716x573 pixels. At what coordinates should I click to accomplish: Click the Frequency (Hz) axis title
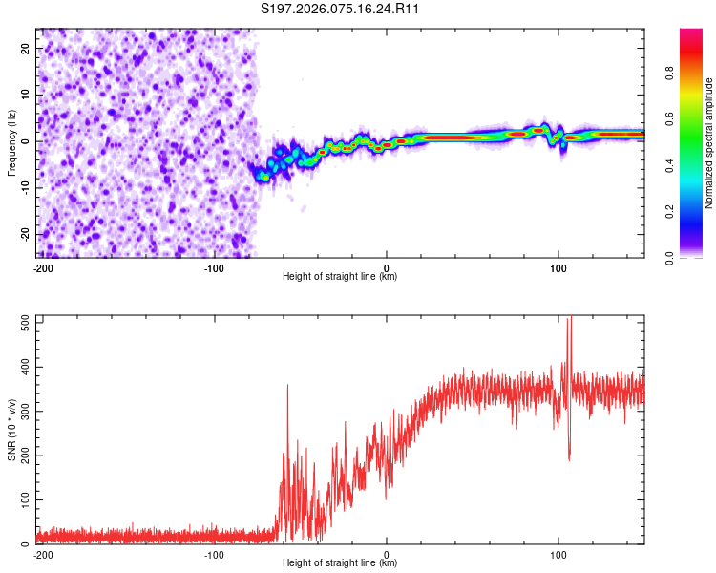(x=11, y=143)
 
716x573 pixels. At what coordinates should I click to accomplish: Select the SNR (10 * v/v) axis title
(x=11, y=431)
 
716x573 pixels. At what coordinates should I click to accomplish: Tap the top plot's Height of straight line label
(x=340, y=277)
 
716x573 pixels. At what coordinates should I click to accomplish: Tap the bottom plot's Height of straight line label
(x=340, y=563)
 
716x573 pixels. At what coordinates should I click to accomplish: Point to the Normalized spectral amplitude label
(x=709, y=143)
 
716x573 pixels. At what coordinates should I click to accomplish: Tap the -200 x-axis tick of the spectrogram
(x=42, y=267)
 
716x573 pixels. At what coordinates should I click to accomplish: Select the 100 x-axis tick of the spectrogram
(x=558, y=267)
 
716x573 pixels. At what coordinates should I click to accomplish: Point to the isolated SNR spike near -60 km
(x=287, y=387)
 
